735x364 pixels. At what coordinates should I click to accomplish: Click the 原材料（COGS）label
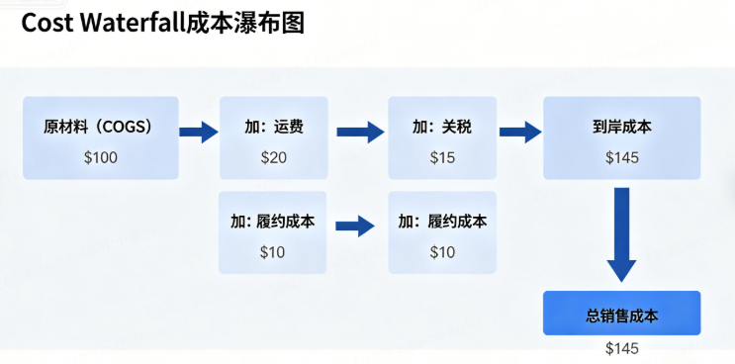point(100,128)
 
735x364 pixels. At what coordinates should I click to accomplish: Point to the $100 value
point(100,157)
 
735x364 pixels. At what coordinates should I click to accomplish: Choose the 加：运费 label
point(273,128)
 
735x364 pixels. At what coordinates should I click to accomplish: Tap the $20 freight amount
point(273,157)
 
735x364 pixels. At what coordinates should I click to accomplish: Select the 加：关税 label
point(441,128)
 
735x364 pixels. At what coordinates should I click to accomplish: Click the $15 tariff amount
point(441,157)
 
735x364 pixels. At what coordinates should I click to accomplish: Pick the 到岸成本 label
point(622,128)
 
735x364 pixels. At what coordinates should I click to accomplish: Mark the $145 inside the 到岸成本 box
point(622,157)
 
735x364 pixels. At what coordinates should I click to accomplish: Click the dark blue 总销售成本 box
point(621,313)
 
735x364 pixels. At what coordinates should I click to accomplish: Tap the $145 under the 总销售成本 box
point(622,348)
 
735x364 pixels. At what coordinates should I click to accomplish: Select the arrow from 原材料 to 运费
point(199,131)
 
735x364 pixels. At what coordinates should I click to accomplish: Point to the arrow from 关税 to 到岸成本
point(519,131)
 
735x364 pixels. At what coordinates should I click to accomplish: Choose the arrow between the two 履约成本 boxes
point(355,225)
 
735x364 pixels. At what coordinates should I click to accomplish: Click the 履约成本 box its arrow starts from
point(272,232)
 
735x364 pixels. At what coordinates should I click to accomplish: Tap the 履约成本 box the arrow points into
point(442,232)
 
